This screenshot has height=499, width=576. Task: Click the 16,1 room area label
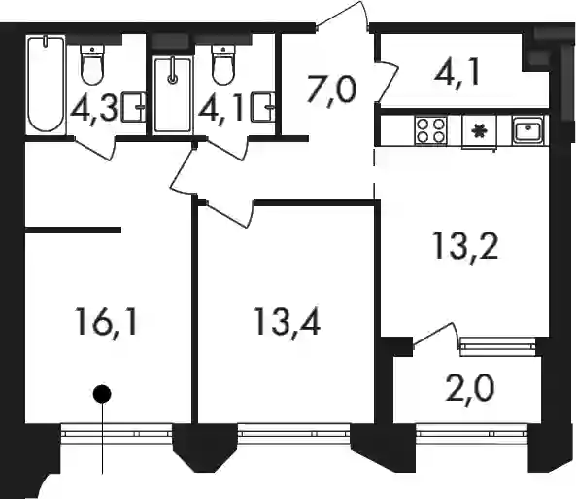coord(107,322)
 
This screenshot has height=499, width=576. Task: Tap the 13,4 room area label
coord(287,322)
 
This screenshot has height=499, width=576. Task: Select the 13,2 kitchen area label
coord(465,245)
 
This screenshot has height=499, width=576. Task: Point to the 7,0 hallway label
coord(332,89)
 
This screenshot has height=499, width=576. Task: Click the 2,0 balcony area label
coord(469,388)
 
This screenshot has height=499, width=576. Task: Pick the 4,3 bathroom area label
coord(93,109)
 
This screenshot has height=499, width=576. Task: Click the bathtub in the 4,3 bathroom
coord(46,84)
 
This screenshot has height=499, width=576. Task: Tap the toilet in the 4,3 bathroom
coord(92,65)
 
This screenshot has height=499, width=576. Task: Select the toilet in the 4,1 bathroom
coord(223,65)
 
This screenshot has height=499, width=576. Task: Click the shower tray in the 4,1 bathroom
coord(173,95)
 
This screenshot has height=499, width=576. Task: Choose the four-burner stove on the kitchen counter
coord(431,130)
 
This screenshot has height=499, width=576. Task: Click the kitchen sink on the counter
coord(527,130)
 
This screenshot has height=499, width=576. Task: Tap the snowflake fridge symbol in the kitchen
coord(479,130)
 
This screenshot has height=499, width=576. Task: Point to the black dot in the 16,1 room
coord(102,394)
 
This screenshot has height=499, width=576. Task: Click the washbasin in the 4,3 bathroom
coord(133,107)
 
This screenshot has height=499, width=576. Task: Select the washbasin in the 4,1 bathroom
coord(262,107)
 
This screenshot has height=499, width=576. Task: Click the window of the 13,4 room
coord(294,430)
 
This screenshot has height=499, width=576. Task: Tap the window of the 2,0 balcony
coord(472,430)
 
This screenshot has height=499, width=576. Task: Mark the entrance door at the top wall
coord(342,17)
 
